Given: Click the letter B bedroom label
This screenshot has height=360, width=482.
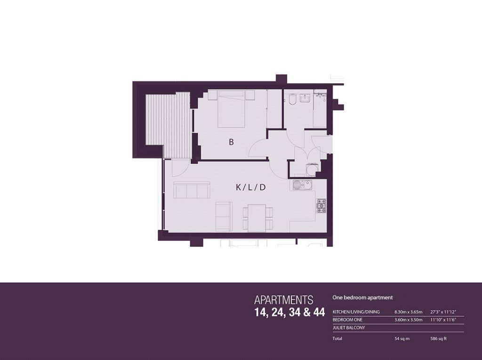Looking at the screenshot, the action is pyautogui.click(x=231, y=142).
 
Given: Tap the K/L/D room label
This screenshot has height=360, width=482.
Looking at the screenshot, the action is pyautogui.click(x=250, y=187).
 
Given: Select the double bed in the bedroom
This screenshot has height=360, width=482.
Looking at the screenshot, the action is pyautogui.click(x=231, y=109).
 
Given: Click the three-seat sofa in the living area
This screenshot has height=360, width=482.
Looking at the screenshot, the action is pyautogui.click(x=192, y=190).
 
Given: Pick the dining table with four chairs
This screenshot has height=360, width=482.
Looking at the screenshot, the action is pyautogui.click(x=257, y=218).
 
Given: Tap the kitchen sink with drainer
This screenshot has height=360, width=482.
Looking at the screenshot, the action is pyautogui.click(x=303, y=185).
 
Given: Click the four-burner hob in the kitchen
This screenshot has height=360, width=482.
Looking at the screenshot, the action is pyautogui.click(x=321, y=206).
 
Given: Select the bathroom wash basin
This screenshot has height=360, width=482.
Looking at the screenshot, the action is pyautogui.click(x=305, y=98).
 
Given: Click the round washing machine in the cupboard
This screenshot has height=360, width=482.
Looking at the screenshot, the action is pyautogui.click(x=311, y=169).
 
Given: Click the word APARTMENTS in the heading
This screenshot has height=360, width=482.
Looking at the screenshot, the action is pyautogui.click(x=284, y=300).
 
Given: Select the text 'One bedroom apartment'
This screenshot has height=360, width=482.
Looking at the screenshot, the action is pyautogui.click(x=363, y=297).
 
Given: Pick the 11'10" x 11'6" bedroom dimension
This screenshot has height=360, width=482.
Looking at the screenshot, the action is pyautogui.click(x=443, y=320).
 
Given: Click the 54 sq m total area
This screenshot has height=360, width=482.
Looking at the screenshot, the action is pyautogui.click(x=402, y=339).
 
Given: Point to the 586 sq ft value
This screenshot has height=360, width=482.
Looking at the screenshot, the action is pyautogui.click(x=438, y=339).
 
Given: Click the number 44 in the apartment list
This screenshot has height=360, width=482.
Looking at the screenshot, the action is pyautogui.click(x=319, y=312).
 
